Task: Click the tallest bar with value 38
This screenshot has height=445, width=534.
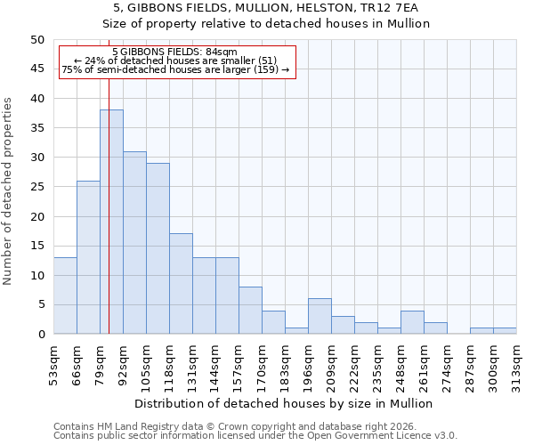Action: pyautogui.click(x=111, y=222)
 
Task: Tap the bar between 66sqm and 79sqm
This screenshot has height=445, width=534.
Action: pyautogui.click(x=88, y=257)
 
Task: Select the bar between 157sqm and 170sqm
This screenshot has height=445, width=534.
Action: pyautogui.click(x=250, y=311)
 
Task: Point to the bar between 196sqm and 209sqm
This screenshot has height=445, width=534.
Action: pyautogui.click(x=320, y=316)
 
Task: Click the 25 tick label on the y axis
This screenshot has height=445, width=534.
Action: pyautogui.click(x=36, y=187)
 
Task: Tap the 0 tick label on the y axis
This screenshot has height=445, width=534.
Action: pyautogui.click(x=40, y=335)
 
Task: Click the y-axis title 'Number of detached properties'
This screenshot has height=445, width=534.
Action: pyautogui.click(x=8, y=191)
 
